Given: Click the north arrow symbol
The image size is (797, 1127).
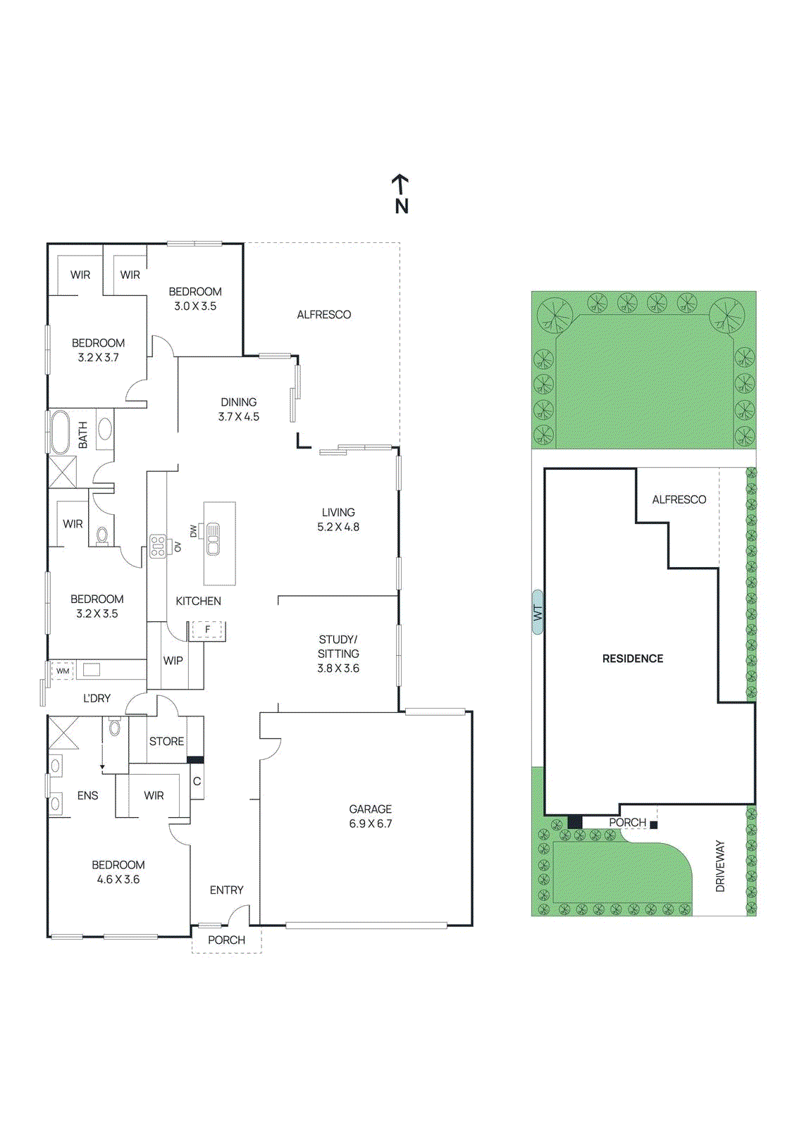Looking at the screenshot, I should pos(400,193).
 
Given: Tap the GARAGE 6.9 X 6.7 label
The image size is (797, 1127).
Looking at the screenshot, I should pos(370,816).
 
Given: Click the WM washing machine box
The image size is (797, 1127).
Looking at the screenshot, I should pos(63,671).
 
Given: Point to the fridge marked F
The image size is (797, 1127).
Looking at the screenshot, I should pos(207,630).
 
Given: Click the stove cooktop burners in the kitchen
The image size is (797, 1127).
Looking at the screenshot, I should pos(158,547).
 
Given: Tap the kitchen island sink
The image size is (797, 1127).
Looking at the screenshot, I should pos(213,539).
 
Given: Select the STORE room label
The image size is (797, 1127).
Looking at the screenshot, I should pos(166,741).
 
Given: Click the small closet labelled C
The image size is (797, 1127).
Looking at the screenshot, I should pos(197,781).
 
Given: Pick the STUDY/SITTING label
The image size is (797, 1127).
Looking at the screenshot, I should pos(338,654).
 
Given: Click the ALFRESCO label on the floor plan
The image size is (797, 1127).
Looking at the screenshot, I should pos(323,315).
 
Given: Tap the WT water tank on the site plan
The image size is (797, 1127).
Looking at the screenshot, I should pos(538,612).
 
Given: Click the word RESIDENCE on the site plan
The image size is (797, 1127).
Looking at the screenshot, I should pos(632,659).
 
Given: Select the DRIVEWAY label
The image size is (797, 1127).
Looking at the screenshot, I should pos(720,866).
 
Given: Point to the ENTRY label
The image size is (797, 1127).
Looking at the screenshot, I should pos(226,890).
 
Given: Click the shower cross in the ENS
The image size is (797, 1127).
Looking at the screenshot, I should pos(63,733).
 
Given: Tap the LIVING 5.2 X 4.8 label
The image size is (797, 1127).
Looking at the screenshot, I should pos(338,519).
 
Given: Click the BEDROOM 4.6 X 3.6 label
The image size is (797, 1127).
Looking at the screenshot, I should pos(118,872).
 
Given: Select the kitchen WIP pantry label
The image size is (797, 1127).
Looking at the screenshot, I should pos(173,661).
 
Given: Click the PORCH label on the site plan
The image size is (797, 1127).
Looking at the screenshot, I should pos(627,823).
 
